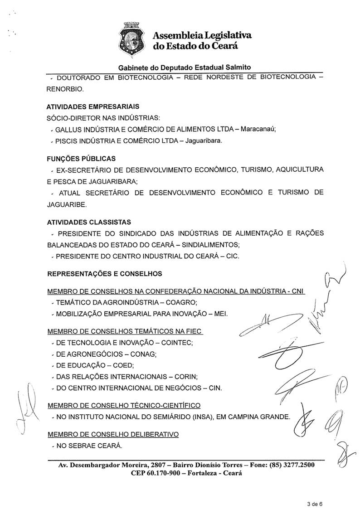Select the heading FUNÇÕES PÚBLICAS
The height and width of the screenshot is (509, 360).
[x=81, y=159]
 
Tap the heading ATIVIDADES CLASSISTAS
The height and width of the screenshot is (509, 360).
[x=89, y=223]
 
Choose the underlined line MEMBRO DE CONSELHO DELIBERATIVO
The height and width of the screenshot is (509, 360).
[x=113, y=434]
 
